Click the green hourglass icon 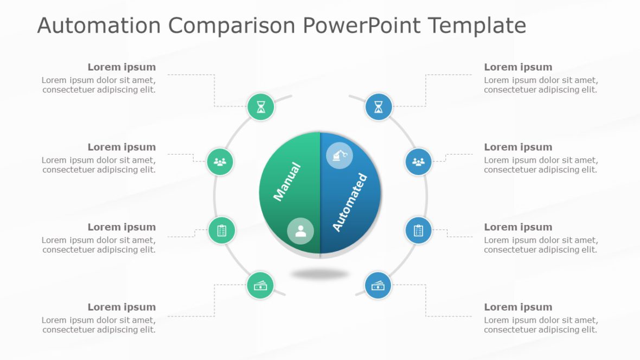point(261,107)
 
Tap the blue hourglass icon point(378,107)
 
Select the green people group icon point(220,162)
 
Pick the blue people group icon point(418,162)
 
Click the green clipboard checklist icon point(222,230)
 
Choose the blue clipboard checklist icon point(418,230)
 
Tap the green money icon point(261,285)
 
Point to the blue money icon point(378,285)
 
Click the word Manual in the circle point(287,182)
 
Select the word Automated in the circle point(350,202)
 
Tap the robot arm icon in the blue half point(340,156)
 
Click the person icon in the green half point(300,231)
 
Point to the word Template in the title point(477,25)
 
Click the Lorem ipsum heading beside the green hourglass point(121,67)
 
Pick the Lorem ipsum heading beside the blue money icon point(518,307)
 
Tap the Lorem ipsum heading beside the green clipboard point(121,227)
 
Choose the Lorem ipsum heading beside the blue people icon point(518,147)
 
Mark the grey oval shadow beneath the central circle point(320,274)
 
